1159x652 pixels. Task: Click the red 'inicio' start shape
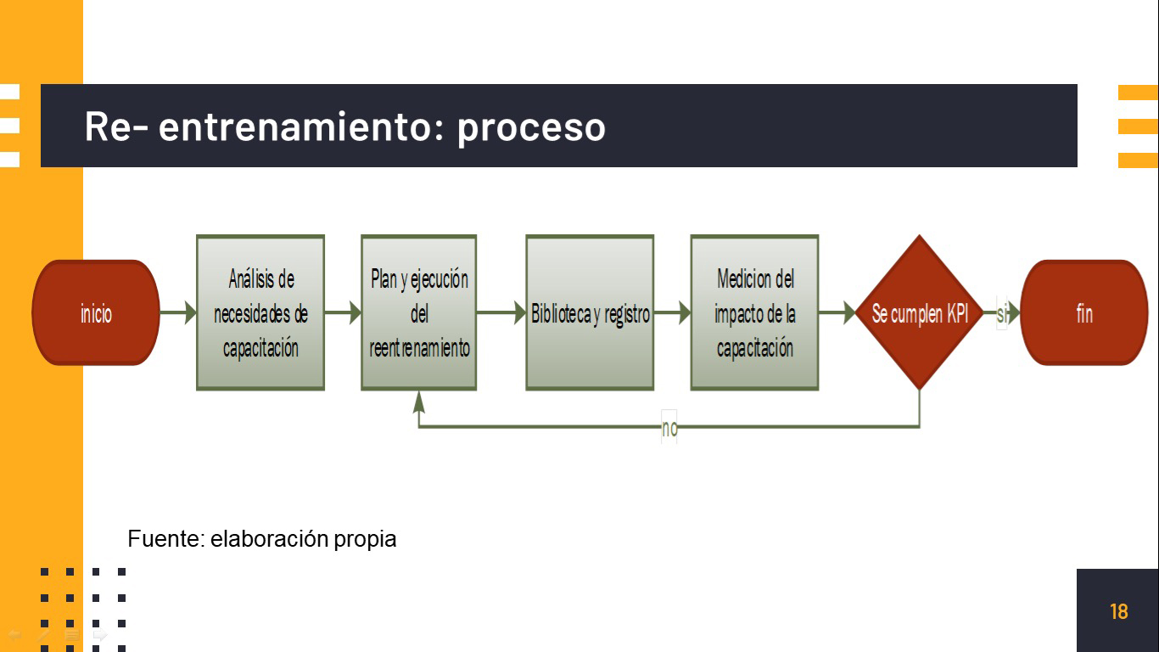(x=96, y=312)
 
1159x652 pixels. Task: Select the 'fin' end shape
(x=1084, y=312)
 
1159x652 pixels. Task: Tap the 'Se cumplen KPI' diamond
(x=920, y=312)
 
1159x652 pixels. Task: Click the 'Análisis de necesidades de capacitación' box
(x=260, y=312)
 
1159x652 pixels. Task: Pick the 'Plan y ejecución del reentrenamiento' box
(x=419, y=312)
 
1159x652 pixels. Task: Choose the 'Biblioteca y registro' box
(x=590, y=312)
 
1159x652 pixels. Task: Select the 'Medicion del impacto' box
(x=755, y=312)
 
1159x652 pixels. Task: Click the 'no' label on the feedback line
(x=669, y=428)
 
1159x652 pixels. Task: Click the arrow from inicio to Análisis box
(x=178, y=312)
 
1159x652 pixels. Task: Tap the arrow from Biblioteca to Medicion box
(x=672, y=312)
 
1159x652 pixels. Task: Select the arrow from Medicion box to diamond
(x=837, y=312)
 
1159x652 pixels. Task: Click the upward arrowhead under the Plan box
(x=419, y=402)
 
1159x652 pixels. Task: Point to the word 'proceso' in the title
(x=531, y=127)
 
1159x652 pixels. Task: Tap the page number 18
(x=1119, y=611)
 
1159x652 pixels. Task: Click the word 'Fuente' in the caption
(x=166, y=538)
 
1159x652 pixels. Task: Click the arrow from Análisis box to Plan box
(x=343, y=312)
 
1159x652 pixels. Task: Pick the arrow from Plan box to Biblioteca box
(x=501, y=312)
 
